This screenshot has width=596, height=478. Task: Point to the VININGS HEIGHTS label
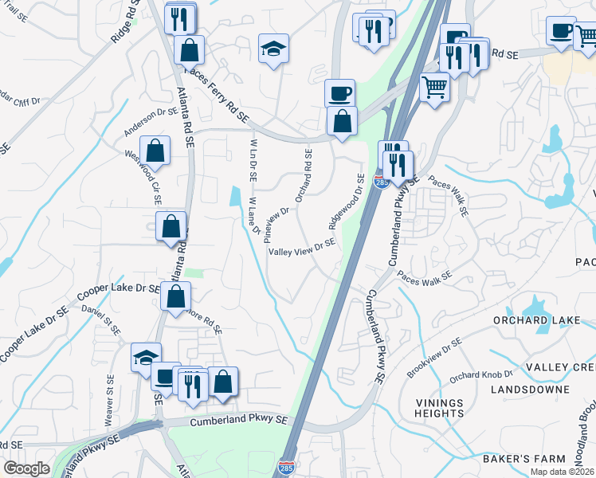(439, 408)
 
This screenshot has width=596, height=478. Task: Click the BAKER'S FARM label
(523, 459)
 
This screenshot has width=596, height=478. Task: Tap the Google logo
(26, 468)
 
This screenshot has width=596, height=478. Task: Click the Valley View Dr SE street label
(302, 249)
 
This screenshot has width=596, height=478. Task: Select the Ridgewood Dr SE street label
(347, 200)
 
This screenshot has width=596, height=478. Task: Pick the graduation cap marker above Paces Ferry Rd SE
(273, 49)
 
